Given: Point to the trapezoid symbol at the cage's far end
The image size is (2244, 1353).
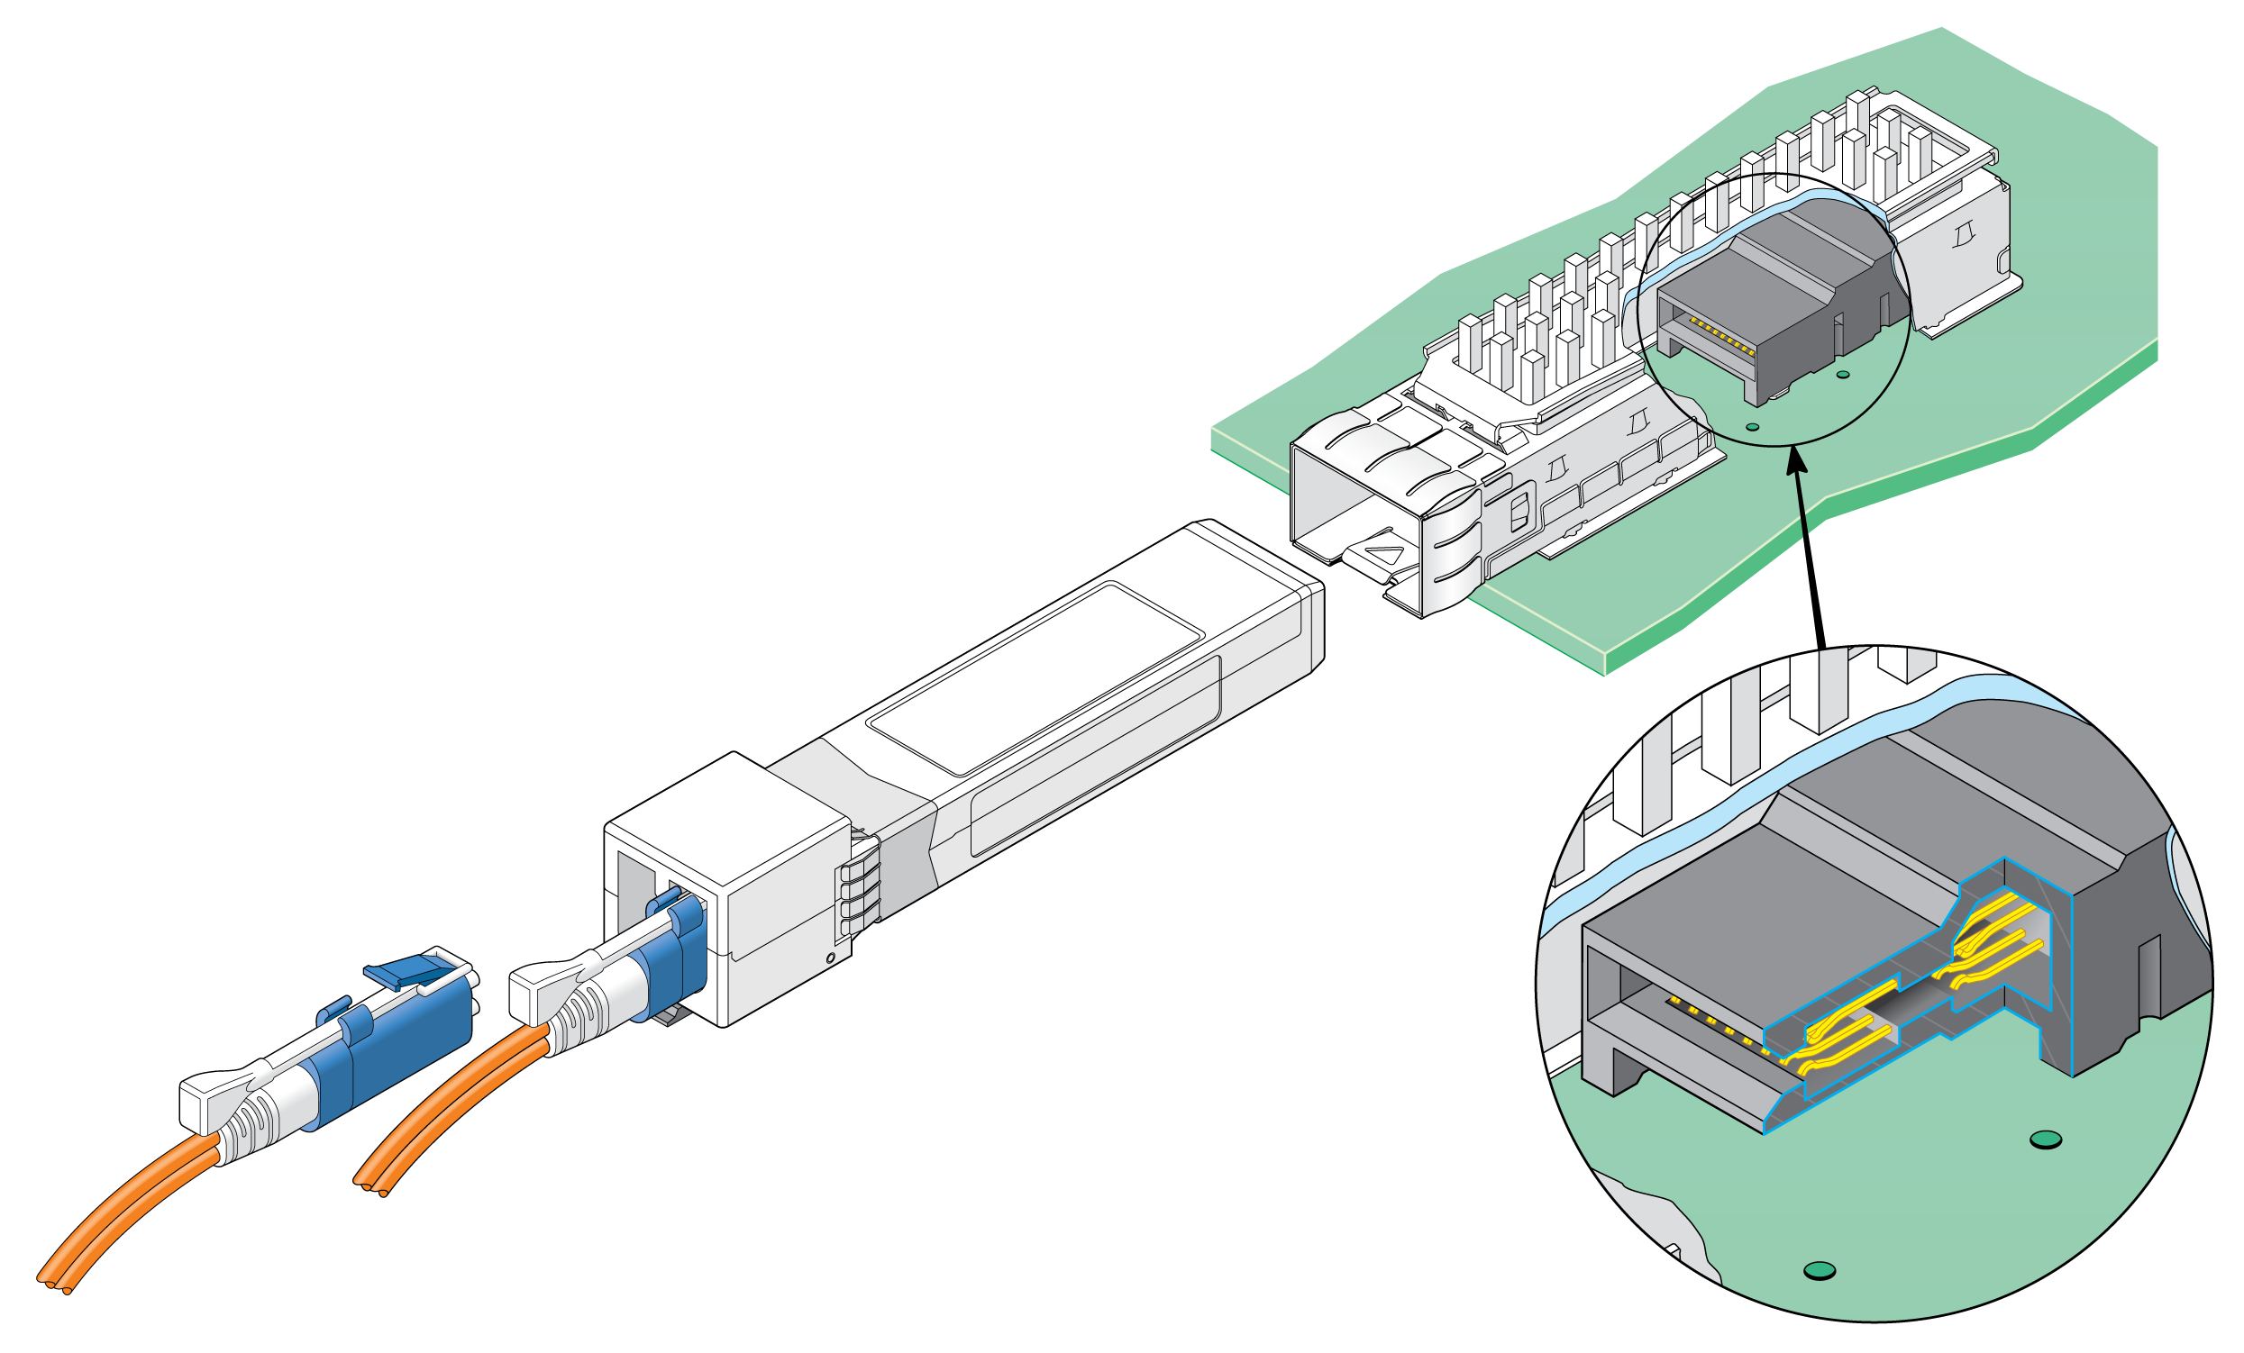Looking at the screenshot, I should click(x=1962, y=236).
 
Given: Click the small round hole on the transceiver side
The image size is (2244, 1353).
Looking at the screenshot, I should click(x=830, y=958).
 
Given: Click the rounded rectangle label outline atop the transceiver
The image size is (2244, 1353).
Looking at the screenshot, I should click(x=1035, y=678).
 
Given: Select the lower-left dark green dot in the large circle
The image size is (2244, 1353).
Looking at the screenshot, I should click(x=1819, y=1270).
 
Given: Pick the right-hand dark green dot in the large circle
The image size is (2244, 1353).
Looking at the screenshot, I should click(x=2047, y=1139).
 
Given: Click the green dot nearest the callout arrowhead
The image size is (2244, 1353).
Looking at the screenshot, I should click(x=1752, y=426).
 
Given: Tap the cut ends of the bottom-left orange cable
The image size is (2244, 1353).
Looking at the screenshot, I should click(x=57, y=1286).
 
